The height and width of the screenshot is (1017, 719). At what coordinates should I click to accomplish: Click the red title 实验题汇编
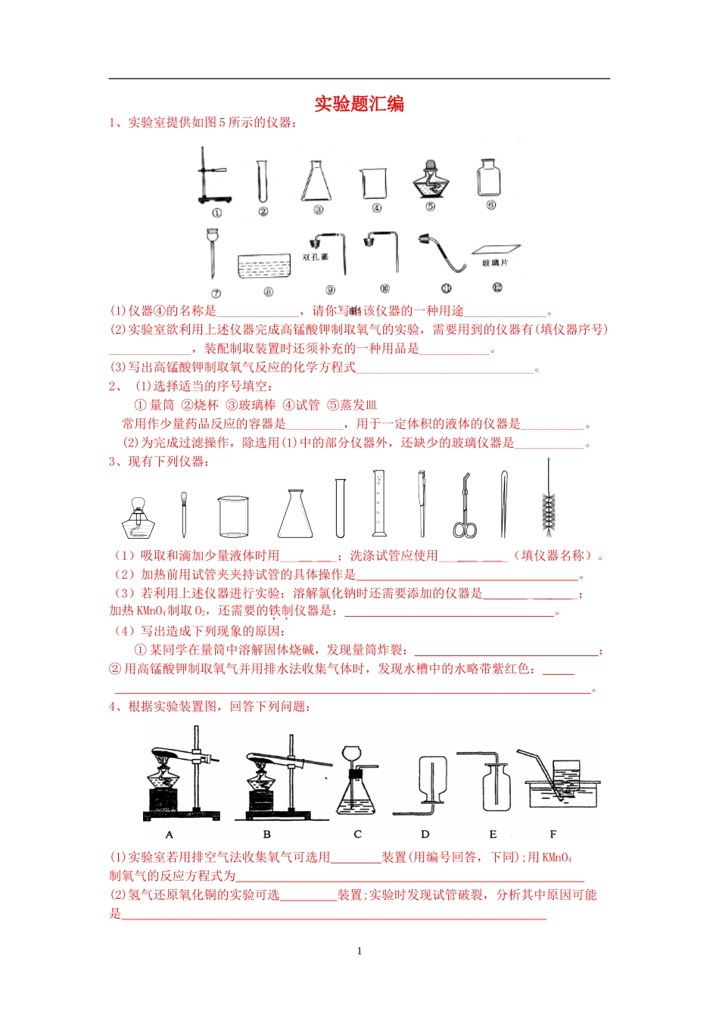click(x=359, y=104)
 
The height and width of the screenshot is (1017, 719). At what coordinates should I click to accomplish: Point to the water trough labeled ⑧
click(x=264, y=266)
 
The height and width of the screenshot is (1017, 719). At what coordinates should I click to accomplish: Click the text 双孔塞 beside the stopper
click(x=316, y=257)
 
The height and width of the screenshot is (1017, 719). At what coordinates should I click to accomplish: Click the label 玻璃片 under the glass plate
click(x=495, y=263)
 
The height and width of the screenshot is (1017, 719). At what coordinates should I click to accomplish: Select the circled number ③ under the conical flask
click(x=319, y=210)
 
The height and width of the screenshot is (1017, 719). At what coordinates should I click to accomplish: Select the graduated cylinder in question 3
click(x=379, y=503)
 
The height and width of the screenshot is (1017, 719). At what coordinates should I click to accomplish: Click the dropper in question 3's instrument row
click(x=184, y=515)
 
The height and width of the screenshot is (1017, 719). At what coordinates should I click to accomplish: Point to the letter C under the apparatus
click(x=357, y=834)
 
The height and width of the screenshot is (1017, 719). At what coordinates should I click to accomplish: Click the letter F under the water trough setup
click(x=553, y=834)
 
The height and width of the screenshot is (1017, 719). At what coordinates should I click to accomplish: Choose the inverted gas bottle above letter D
click(x=431, y=780)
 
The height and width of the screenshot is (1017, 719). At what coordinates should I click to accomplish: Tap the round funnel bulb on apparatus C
click(x=352, y=755)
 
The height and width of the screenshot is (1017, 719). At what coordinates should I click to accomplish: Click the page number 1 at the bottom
click(x=359, y=951)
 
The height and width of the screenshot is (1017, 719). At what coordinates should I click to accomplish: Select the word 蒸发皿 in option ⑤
click(x=359, y=405)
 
